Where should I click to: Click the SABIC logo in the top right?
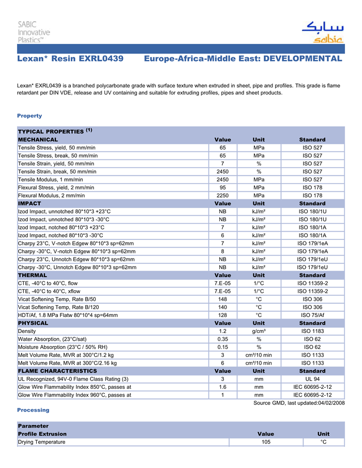[x=322, y=32]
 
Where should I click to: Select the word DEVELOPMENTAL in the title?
[x=303, y=58]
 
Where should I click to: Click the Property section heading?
[x=29, y=116]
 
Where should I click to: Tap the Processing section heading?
[x=33, y=410]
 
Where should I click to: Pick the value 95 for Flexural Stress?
[x=222, y=188]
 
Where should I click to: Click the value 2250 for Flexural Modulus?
[x=222, y=196]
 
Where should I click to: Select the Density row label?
[x=27, y=331]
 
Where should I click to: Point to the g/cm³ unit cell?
[x=259, y=331]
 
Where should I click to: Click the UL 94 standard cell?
[x=312, y=379]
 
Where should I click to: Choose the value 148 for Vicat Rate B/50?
[x=222, y=299]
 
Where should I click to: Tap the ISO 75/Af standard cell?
[x=312, y=315]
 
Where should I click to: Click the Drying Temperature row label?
[x=41, y=442]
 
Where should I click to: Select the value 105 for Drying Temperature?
[x=266, y=442]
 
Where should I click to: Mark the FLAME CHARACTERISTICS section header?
[x=57, y=371]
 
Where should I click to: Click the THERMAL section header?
[x=33, y=276]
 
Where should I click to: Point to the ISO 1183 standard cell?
[x=312, y=331]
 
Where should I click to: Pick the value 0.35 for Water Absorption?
[x=222, y=339]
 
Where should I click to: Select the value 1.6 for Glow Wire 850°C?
[x=222, y=387]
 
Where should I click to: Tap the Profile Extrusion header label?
[x=42, y=434]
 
